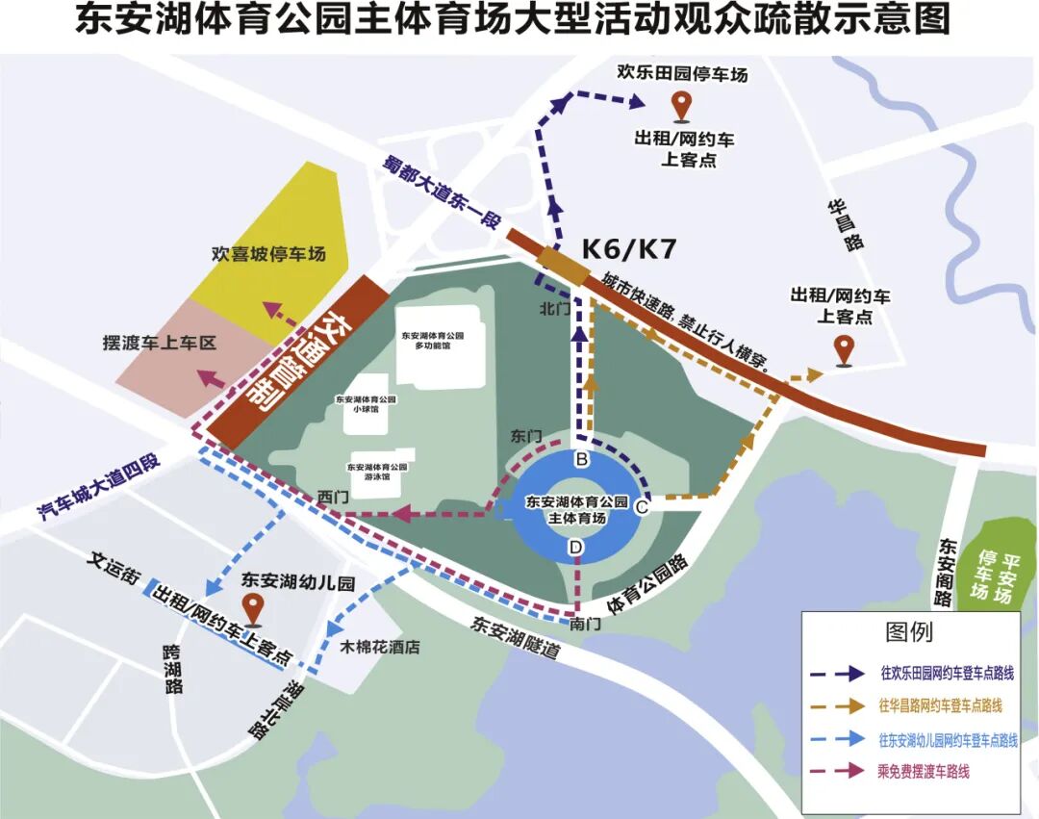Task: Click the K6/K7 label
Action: [629, 249]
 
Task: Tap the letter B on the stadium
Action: [581, 459]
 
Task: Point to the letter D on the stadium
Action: [576, 548]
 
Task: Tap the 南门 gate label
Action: [585, 624]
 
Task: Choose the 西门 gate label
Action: [332, 497]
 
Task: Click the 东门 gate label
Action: [525, 436]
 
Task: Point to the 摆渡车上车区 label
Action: [160, 343]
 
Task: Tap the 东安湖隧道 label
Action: [516, 637]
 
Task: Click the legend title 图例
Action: [909, 632]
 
